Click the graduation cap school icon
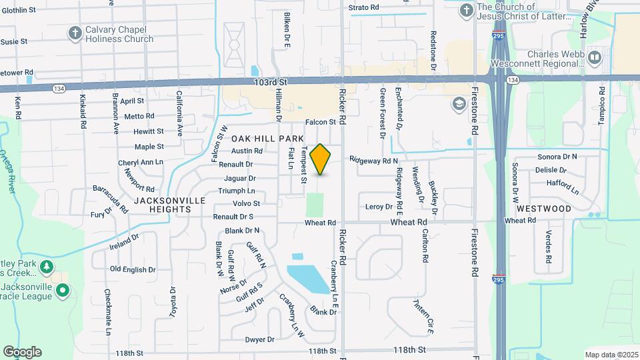[459, 103]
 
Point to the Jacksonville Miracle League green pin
[62, 291]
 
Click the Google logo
[22, 352]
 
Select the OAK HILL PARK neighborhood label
[263, 139]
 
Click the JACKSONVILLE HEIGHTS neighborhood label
[163, 204]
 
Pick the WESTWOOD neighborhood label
[544, 209]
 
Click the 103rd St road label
[270, 82]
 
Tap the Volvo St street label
[246, 203]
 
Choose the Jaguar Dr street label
[240, 178]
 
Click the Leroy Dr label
[379, 207]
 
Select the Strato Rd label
[364, 7]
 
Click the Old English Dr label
[133, 269]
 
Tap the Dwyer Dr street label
[260, 339]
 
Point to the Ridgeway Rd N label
[373, 161]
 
